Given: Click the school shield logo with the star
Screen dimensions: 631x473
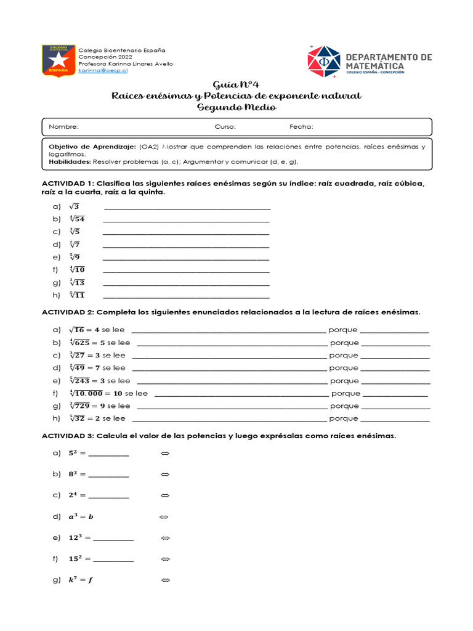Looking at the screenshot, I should [58, 60].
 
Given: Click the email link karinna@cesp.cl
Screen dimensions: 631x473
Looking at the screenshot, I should [103, 71].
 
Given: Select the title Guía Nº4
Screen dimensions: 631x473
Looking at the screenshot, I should [236, 84].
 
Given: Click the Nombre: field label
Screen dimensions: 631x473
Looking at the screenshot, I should [63, 127].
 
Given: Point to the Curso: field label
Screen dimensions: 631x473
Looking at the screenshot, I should [225, 127].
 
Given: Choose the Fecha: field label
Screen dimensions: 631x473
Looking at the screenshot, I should [301, 127].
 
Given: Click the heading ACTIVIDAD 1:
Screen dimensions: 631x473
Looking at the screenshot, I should [68, 184].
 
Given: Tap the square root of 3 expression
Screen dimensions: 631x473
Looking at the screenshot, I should [74, 206].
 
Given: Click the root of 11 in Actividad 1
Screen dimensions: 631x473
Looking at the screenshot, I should [76, 295].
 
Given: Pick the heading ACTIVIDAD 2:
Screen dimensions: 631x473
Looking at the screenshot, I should [68, 312].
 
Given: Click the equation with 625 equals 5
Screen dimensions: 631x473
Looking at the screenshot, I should [87, 343].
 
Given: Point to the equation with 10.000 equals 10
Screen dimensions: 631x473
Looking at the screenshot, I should [95, 393].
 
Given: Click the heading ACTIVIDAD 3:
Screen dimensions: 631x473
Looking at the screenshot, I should [68, 436].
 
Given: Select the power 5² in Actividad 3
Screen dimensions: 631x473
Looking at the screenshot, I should [74, 454].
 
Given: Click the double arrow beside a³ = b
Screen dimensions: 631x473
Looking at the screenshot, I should [164, 516].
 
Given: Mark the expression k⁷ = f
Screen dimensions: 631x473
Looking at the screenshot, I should [81, 580].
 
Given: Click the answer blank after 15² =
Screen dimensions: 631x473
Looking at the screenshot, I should [113, 559].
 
